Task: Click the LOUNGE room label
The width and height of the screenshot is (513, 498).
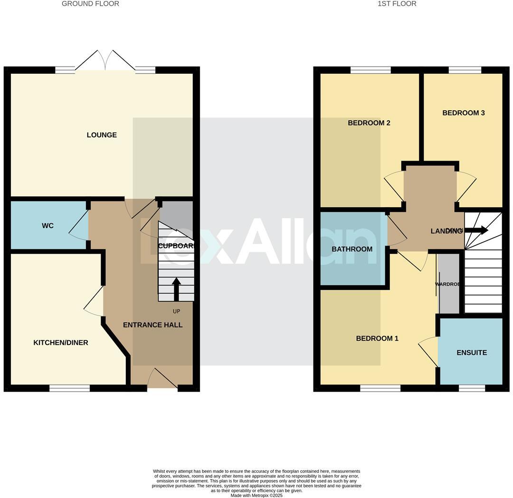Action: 102,135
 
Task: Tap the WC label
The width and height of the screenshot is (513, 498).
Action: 47,226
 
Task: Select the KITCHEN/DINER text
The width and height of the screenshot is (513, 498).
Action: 61,343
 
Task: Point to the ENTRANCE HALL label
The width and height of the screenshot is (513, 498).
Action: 152,325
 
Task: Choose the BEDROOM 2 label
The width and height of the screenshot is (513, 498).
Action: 369,123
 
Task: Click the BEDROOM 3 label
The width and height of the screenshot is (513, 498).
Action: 463,113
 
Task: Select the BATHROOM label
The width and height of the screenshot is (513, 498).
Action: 352,249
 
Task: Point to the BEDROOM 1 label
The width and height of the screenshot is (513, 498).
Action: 377,338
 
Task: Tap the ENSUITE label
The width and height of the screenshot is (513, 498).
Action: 472,353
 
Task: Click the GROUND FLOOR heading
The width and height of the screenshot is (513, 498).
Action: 90,4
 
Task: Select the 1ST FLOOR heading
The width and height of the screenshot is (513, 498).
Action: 397,4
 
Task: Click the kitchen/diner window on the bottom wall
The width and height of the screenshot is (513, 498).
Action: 69,388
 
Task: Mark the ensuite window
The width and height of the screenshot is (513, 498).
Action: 472,388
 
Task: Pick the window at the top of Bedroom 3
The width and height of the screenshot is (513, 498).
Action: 465,70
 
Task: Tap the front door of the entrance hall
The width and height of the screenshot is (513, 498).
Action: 162,380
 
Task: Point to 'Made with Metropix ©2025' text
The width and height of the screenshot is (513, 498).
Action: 256,495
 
